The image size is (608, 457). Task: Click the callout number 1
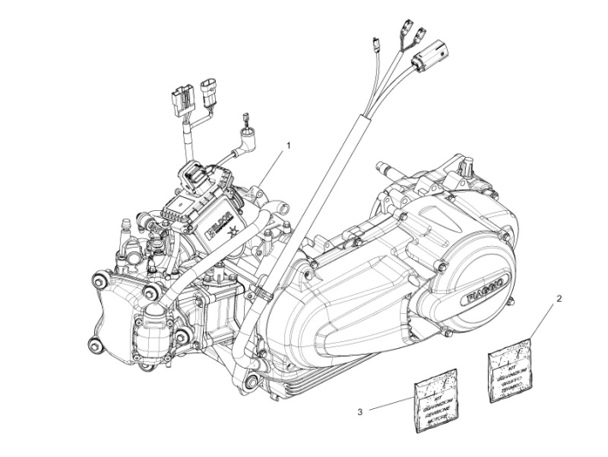(x=289, y=147)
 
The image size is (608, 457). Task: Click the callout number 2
(x=559, y=299)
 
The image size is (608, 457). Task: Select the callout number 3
(x=361, y=412)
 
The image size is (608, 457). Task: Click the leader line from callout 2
(x=545, y=322)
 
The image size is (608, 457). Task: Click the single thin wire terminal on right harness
(x=376, y=43)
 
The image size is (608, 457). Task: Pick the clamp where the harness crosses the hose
(x=264, y=297)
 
